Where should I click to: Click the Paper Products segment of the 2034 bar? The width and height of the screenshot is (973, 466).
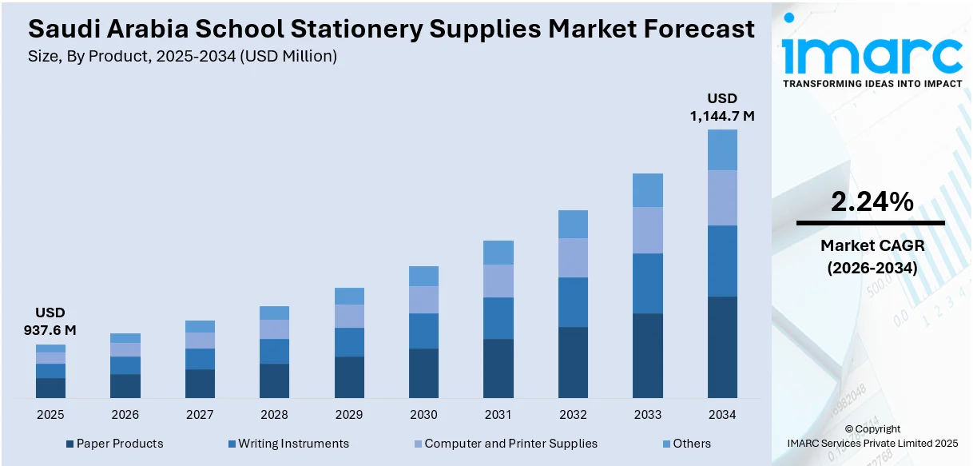[722, 347]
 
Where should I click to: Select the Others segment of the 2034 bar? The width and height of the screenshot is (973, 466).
[722, 149]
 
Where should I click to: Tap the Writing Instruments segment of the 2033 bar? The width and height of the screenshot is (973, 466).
[648, 283]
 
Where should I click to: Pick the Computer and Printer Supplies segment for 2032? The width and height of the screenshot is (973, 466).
[573, 257]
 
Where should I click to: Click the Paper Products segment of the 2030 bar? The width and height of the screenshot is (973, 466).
[423, 372]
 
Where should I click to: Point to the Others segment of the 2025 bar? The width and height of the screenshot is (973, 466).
[50, 349]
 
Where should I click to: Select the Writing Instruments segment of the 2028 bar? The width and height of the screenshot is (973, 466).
[274, 351]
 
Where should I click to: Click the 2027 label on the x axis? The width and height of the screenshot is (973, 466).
[200, 415]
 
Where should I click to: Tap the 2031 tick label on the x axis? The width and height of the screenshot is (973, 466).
[498, 415]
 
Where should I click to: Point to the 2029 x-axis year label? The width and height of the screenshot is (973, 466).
[349, 415]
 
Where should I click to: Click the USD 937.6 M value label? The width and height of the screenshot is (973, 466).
[50, 321]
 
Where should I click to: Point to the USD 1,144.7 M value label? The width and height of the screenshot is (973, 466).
[722, 107]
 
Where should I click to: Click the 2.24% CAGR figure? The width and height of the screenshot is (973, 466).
[872, 202]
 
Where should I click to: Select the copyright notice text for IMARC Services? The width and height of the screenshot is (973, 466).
[872, 443]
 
